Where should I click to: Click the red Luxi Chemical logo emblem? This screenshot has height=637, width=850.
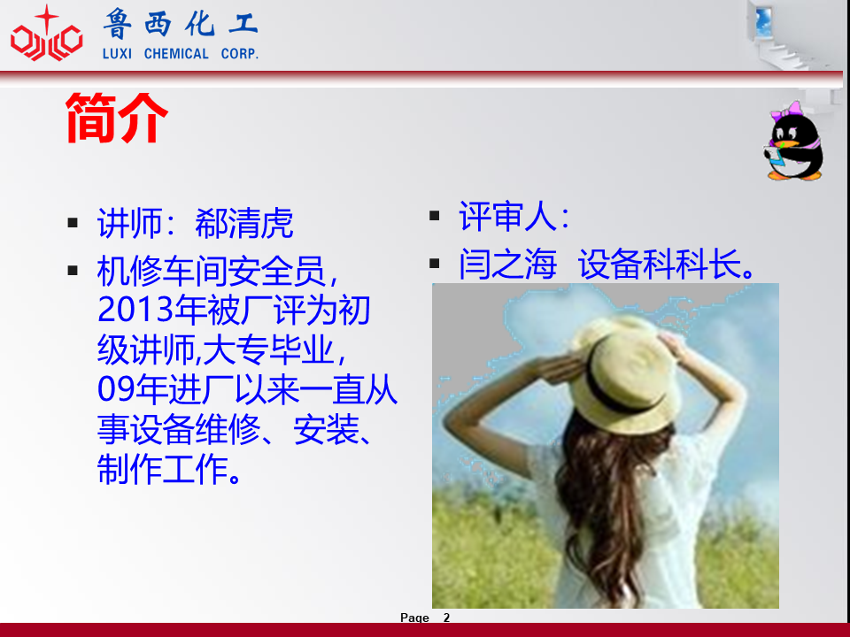click(x=47, y=34)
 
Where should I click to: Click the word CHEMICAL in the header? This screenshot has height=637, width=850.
click(x=176, y=54)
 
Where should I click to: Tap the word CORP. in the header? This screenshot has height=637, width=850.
click(x=240, y=54)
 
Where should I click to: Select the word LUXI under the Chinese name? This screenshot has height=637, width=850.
click(x=117, y=54)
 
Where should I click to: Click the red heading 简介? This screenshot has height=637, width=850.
click(x=117, y=118)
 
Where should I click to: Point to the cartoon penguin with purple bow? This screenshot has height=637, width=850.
click(x=794, y=141)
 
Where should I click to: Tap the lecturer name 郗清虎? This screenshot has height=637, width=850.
click(x=244, y=223)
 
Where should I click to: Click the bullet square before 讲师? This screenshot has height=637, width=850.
click(x=73, y=223)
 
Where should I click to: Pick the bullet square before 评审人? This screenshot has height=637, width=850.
click(x=434, y=216)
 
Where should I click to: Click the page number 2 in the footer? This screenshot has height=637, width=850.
click(x=446, y=618)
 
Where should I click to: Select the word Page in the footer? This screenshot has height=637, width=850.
click(x=414, y=618)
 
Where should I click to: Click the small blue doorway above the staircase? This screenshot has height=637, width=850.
click(x=763, y=21)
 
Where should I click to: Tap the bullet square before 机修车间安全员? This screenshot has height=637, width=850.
click(x=73, y=271)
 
